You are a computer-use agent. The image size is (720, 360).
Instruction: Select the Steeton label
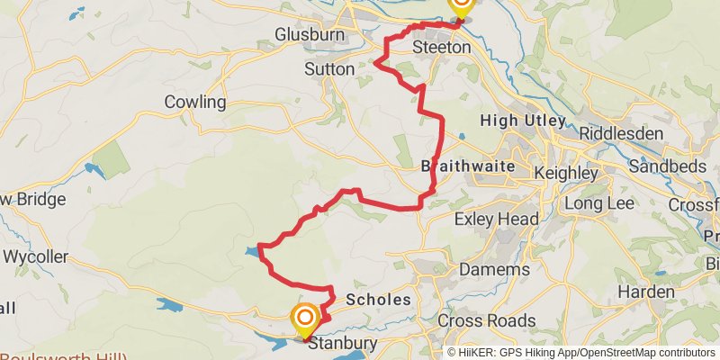coord(441,46)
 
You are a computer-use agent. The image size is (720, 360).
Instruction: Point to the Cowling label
coord(195,102)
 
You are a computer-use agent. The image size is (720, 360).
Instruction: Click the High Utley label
coord(523,121)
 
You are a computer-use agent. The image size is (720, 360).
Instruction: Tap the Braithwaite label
coord(468,166)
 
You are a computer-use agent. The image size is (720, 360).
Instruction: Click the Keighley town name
coord(565,171)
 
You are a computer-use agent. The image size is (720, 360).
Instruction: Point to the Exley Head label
coord(497,219)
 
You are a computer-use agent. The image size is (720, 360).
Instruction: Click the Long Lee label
coord(600,203)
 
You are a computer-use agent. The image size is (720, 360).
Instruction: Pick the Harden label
coord(646,292)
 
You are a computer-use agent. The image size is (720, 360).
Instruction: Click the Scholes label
coord(378,300)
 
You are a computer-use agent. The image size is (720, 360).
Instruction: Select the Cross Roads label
coord(486,320)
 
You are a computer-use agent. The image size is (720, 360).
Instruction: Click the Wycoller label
coord(35,256)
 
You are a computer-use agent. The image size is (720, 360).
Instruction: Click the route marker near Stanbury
coord(305,317)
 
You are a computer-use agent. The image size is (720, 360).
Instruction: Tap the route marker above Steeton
coord(461,4)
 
